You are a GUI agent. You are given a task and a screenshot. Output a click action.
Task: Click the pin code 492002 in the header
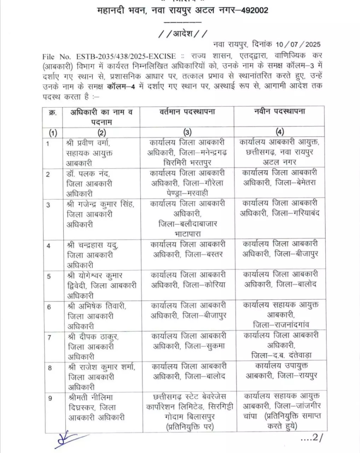click(254, 10)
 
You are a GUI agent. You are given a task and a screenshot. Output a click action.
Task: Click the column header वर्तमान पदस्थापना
click(187, 112)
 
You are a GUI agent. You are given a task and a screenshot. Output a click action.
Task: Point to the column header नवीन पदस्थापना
click(280, 112)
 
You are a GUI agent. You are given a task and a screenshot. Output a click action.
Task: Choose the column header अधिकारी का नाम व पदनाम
click(101, 117)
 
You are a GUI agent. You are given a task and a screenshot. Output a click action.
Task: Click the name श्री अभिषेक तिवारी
click(96, 306)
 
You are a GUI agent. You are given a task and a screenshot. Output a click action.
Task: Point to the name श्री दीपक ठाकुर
click(92, 337)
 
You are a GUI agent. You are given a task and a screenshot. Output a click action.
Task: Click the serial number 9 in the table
click(50, 398)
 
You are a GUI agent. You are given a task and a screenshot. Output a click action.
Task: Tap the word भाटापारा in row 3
click(187, 233)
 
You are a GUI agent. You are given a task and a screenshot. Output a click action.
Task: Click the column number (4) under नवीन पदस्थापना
click(280, 133)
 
